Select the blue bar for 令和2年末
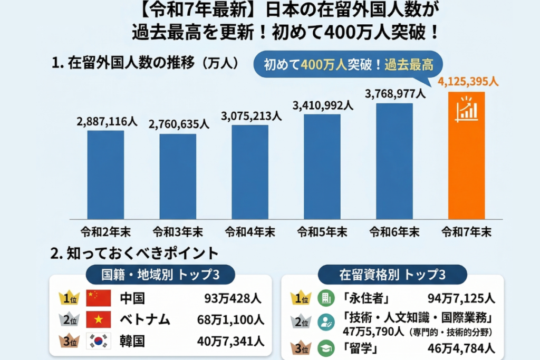[x=105, y=174]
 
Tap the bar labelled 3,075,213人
[x=250, y=172]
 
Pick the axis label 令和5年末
[x=322, y=231]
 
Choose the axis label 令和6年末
[x=394, y=231]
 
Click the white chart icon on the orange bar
[x=466, y=109]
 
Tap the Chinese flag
[x=99, y=298]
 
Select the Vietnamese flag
[x=99, y=319]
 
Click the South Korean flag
[x=99, y=340]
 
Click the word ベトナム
[x=145, y=319]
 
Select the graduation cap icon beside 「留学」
[x=326, y=348]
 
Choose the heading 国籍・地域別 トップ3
[x=160, y=275]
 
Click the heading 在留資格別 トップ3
[x=392, y=275]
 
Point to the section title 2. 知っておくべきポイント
[x=134, y=254]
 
